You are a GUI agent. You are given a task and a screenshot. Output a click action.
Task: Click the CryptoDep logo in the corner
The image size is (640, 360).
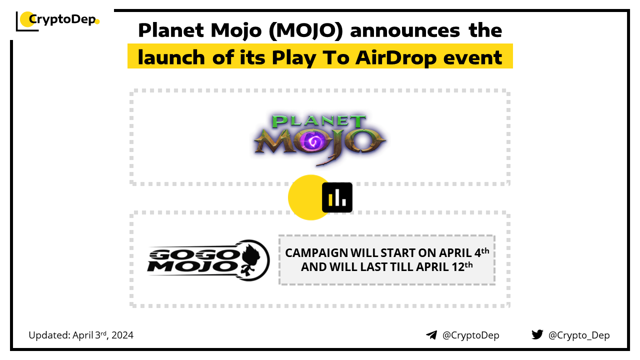[57, 21]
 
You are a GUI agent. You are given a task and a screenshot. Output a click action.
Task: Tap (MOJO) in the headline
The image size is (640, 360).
[305, 31]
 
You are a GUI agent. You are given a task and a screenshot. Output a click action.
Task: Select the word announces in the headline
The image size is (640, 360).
[405, 31]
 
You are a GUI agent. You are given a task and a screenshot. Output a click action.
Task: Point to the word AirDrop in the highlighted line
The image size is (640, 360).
[396, 57]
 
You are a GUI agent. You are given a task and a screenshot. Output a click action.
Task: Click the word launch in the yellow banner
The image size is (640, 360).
[171, 57]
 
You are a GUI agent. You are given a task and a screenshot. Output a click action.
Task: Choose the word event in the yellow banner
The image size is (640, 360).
[472, 58]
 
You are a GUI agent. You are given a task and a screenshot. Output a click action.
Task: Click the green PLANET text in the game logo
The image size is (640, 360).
[319, 121]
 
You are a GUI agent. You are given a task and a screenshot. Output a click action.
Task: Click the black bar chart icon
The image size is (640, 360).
[337, 197]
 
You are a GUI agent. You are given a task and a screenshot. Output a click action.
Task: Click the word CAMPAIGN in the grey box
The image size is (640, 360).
[316, 253]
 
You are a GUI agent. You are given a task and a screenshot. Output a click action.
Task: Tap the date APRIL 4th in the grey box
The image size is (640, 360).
[464, 252]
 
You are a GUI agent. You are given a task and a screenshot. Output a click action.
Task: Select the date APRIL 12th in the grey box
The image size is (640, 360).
[444, 267]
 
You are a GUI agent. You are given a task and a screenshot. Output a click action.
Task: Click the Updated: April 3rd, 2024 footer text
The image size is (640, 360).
[81, 335]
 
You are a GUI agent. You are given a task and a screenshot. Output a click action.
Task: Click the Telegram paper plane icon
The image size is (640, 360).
[431, 335]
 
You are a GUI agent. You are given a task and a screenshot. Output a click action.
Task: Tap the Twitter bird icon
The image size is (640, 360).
[537, 334]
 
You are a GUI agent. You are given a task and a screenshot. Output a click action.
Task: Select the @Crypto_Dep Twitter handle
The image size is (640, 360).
[579, 335]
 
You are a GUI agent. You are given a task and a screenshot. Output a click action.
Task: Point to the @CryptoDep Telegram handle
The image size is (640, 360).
[470, 335]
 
